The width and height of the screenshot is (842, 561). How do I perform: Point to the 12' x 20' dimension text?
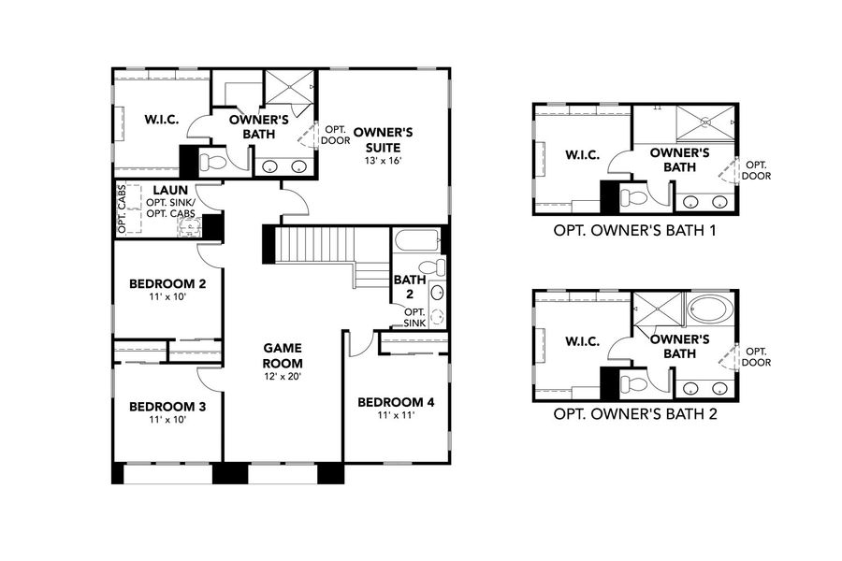point(282,376)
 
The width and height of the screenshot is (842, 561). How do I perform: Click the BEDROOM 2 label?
point(167,283)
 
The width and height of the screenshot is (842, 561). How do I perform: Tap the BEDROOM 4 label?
point(396,402)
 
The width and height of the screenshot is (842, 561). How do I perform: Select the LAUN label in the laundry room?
point(171,191)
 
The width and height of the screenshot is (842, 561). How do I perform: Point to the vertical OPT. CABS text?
point(123,213)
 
